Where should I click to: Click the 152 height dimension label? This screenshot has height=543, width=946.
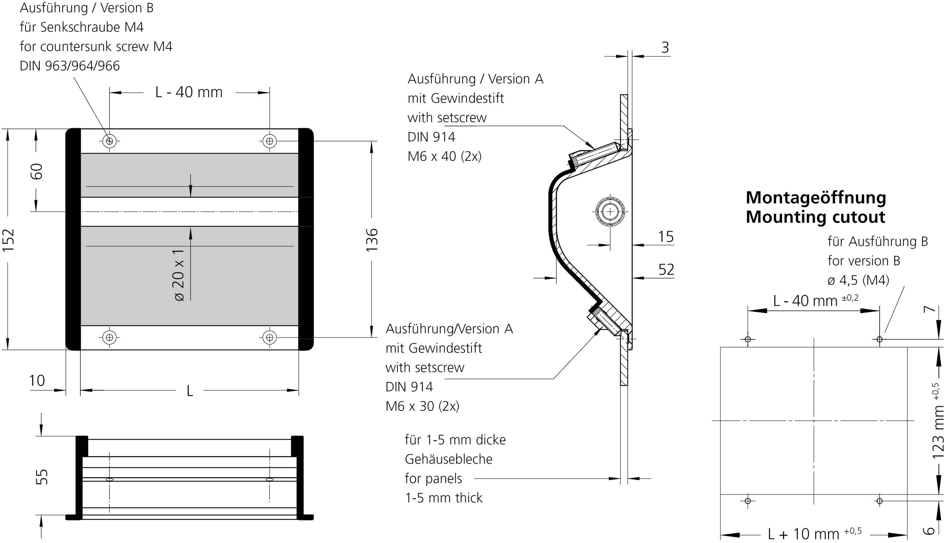pos(8,240)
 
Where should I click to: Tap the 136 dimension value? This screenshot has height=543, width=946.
pos(372,240)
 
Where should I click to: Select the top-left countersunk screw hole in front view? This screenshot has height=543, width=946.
pos(109,141)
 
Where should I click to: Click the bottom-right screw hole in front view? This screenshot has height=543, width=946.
pos(270,337)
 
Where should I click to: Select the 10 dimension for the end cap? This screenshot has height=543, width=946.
pos(37,381)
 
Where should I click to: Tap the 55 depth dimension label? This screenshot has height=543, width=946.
pos(42,476)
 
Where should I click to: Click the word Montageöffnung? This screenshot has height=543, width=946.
pos(816,198)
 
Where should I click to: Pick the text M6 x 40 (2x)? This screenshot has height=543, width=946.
pos(444,156)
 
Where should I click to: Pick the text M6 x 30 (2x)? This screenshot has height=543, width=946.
pos(422,406)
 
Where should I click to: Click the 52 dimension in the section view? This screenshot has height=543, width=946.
pos(666,269)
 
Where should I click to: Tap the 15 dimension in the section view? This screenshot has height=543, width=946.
pos(666,237)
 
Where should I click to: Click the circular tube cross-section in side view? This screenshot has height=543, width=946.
pos(610,212)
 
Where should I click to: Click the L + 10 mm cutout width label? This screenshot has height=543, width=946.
pos(813,534)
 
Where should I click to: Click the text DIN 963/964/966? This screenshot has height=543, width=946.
pos(70,66)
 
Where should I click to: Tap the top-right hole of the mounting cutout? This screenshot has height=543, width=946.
pos(879,339)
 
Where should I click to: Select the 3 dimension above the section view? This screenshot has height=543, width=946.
pos(665,47)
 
